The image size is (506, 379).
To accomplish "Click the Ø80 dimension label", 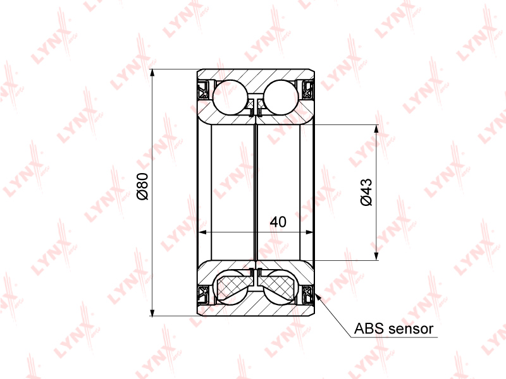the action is [143, 186].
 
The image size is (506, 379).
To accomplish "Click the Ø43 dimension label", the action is [366, 192].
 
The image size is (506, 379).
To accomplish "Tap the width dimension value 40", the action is [278, 222].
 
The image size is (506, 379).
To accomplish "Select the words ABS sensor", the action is [393, 328].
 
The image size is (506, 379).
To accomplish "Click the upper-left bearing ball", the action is [230, 97].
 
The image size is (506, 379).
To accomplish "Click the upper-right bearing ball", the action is [281, 97].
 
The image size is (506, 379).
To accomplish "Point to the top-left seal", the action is [203, 90].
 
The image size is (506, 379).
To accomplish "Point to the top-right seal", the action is [308, 90].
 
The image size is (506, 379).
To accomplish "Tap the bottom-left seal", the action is [203, 294].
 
